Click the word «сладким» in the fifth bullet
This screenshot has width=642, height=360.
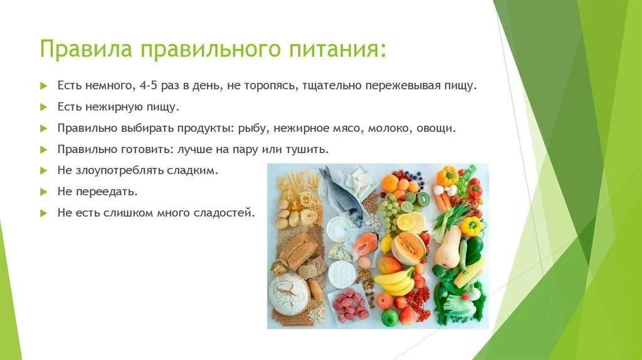[x=199, y=170]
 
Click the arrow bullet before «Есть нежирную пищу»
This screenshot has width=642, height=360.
[x=43, y=107]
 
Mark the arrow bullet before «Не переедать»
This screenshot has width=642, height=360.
[x=43, y=191]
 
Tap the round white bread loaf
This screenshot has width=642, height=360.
[x=289, y=294]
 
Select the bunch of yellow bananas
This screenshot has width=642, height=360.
[x=394, y=281]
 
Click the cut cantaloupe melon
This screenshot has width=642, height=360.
[x=408, y=248]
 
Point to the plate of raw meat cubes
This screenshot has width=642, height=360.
[x=350, y=305]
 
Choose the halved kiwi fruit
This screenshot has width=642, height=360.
[x=423, y=199]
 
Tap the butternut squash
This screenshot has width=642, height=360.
[x=449, y=248]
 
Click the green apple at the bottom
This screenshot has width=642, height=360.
[x=390, y=318]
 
